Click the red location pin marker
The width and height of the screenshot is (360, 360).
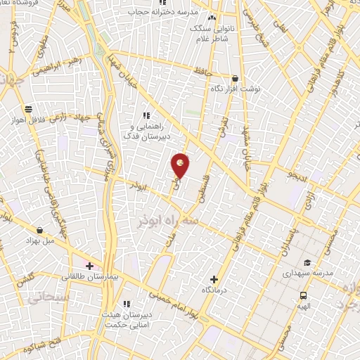[181, 165]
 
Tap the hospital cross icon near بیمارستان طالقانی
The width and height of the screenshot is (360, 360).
[90, 265]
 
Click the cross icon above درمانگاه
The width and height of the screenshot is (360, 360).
[214, 278]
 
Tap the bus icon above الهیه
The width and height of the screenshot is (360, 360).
[303, 295]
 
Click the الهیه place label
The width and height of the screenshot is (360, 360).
[303, 307]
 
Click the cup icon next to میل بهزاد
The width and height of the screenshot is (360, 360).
[39, 230]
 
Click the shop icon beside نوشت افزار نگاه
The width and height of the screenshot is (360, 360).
[235, 79]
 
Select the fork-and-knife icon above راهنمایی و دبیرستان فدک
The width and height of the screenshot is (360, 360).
[147, 115]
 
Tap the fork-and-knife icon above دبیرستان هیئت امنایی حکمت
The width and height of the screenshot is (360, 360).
[127, 303]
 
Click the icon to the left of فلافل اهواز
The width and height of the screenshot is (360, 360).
[28, 109]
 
